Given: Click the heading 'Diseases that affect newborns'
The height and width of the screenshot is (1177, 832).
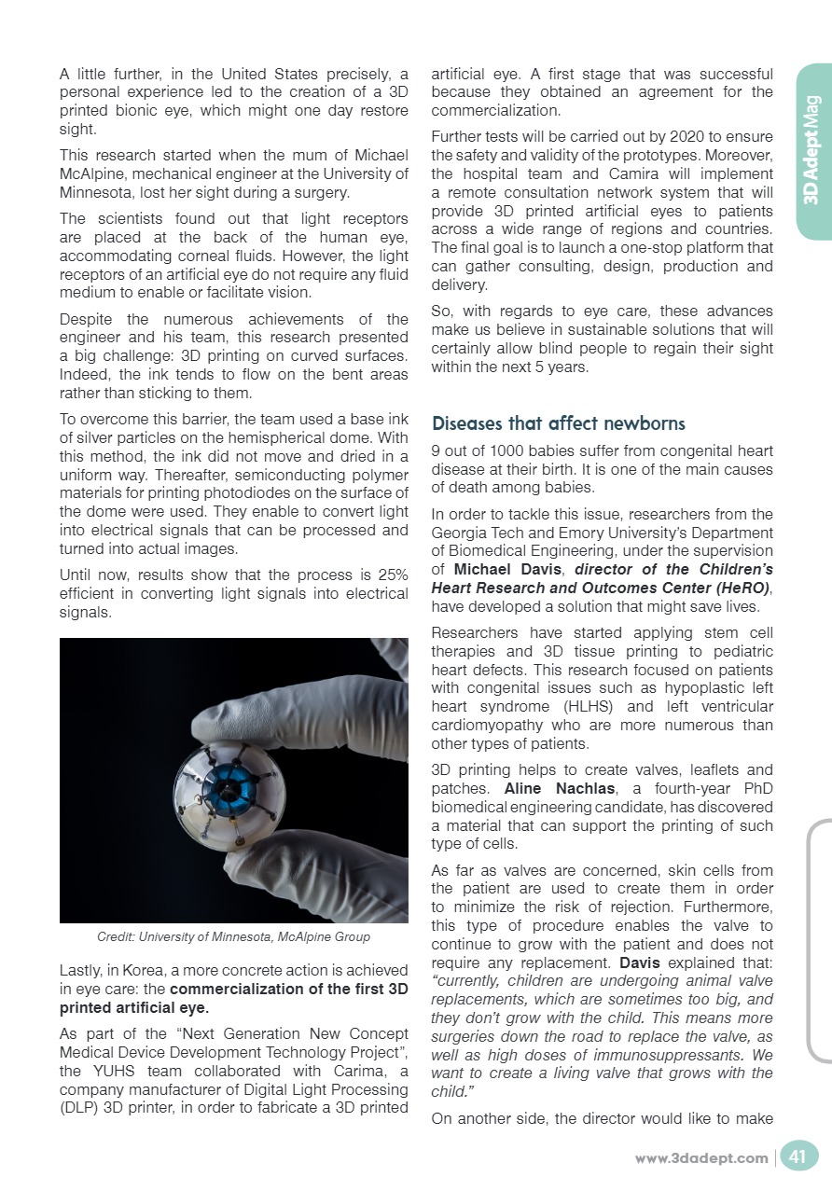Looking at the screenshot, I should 558,423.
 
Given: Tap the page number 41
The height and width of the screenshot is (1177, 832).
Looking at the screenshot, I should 797,1157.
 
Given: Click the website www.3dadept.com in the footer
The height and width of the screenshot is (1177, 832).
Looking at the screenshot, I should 700,1158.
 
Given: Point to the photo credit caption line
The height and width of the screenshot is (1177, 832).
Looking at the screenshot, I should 233,936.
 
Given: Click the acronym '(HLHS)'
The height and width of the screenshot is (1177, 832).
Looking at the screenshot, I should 591,708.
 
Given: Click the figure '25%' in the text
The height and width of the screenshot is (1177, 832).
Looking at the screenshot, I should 391,575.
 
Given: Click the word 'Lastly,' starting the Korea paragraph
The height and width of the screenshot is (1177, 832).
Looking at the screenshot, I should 81,971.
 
